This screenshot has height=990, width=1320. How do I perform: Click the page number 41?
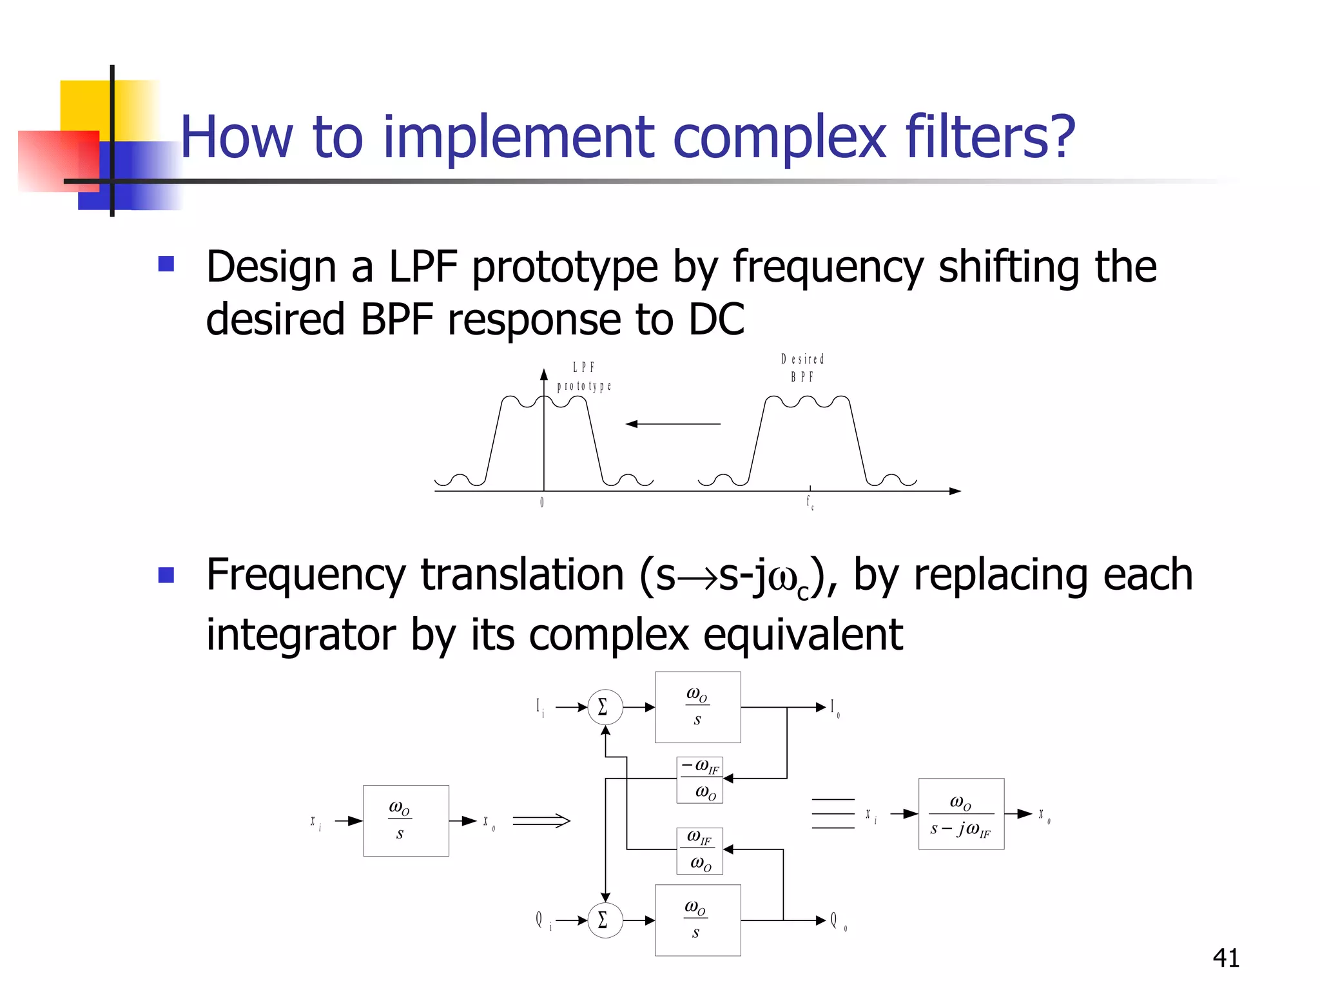pyautogui.click(x=1225, y=958)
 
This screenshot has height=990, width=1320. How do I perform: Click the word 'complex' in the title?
pyautogui.click(x=781, y=137)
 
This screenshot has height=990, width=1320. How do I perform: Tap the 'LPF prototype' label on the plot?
pyautogui.click(x=584, y=377)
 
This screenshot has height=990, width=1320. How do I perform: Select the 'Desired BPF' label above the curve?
pyautogui.click(x=802, y=367)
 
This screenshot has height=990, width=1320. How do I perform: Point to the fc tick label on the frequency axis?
pyautogui.click(x=810, y=503)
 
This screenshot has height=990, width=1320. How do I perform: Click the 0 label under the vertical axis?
pyautogui.click(x=542, y=502)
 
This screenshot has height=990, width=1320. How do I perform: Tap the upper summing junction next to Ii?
pyautogui.click(x=605, y=707)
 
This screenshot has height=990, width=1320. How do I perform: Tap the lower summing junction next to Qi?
pyautogui.click(x=605, y=920)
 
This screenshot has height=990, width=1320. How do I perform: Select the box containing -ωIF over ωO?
pyautogui.click(x=699, y=780)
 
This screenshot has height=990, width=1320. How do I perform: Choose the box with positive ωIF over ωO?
pyautogui.click(x=699, y=851)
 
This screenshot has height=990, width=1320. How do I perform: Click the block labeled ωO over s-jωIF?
pyautogui.click(x=960, y=814)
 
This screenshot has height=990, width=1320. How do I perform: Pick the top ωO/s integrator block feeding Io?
pyautogui.click(x=697, y=707)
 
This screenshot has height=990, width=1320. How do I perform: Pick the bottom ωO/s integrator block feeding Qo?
pyautogui.click(x=697, y=920)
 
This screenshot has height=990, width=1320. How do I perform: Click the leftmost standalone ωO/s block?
pyautogui.click(x=405, y=820)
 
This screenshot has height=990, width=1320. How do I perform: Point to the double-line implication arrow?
pyautogui.click(x=541, y=820)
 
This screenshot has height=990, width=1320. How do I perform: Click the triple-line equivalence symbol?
pyautogui.click(x=833, y=813)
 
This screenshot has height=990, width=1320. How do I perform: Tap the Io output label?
pyautogui.click(x=834, y=708)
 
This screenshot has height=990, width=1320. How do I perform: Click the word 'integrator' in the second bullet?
pyautogui.click(x=300, y=635)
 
